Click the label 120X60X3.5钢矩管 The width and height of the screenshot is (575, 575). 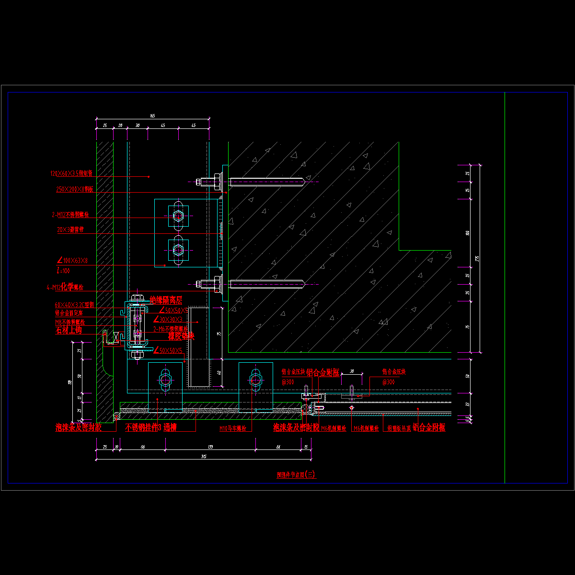tap(71, 173)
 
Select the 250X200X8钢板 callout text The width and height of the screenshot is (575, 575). tap(74, 189)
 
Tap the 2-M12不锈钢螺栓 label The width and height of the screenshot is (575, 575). tap(70, 215)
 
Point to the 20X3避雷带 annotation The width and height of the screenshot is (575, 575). tap(70, 230)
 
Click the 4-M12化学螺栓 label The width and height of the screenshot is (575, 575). tap(65, 287)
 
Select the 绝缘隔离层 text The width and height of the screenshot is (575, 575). tap(166, 300)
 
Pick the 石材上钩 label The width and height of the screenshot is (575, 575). tap(69, 330)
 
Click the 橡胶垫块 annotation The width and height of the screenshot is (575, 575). tap(181, 336)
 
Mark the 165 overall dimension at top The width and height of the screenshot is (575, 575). tap(152, 116)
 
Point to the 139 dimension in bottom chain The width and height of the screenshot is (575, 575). tap(210, 447)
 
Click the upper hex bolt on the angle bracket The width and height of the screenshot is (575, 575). tap(178, 216)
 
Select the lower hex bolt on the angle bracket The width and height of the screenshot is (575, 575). tap(178, 249)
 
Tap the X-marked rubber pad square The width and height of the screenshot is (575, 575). tap(115, 336)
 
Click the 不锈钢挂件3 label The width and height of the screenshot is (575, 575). tap(142, 428)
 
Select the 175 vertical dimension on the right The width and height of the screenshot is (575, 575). tap(477, 259)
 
